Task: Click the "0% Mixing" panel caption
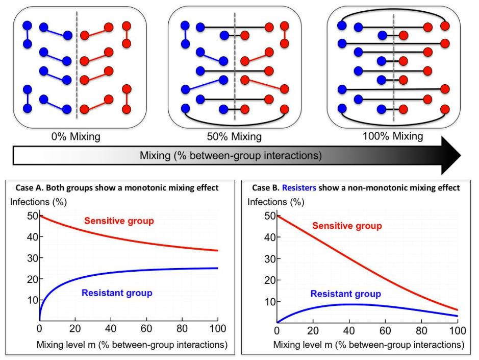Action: click(x=76, y=136)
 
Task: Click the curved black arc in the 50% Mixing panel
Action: click(x=235, y=121)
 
